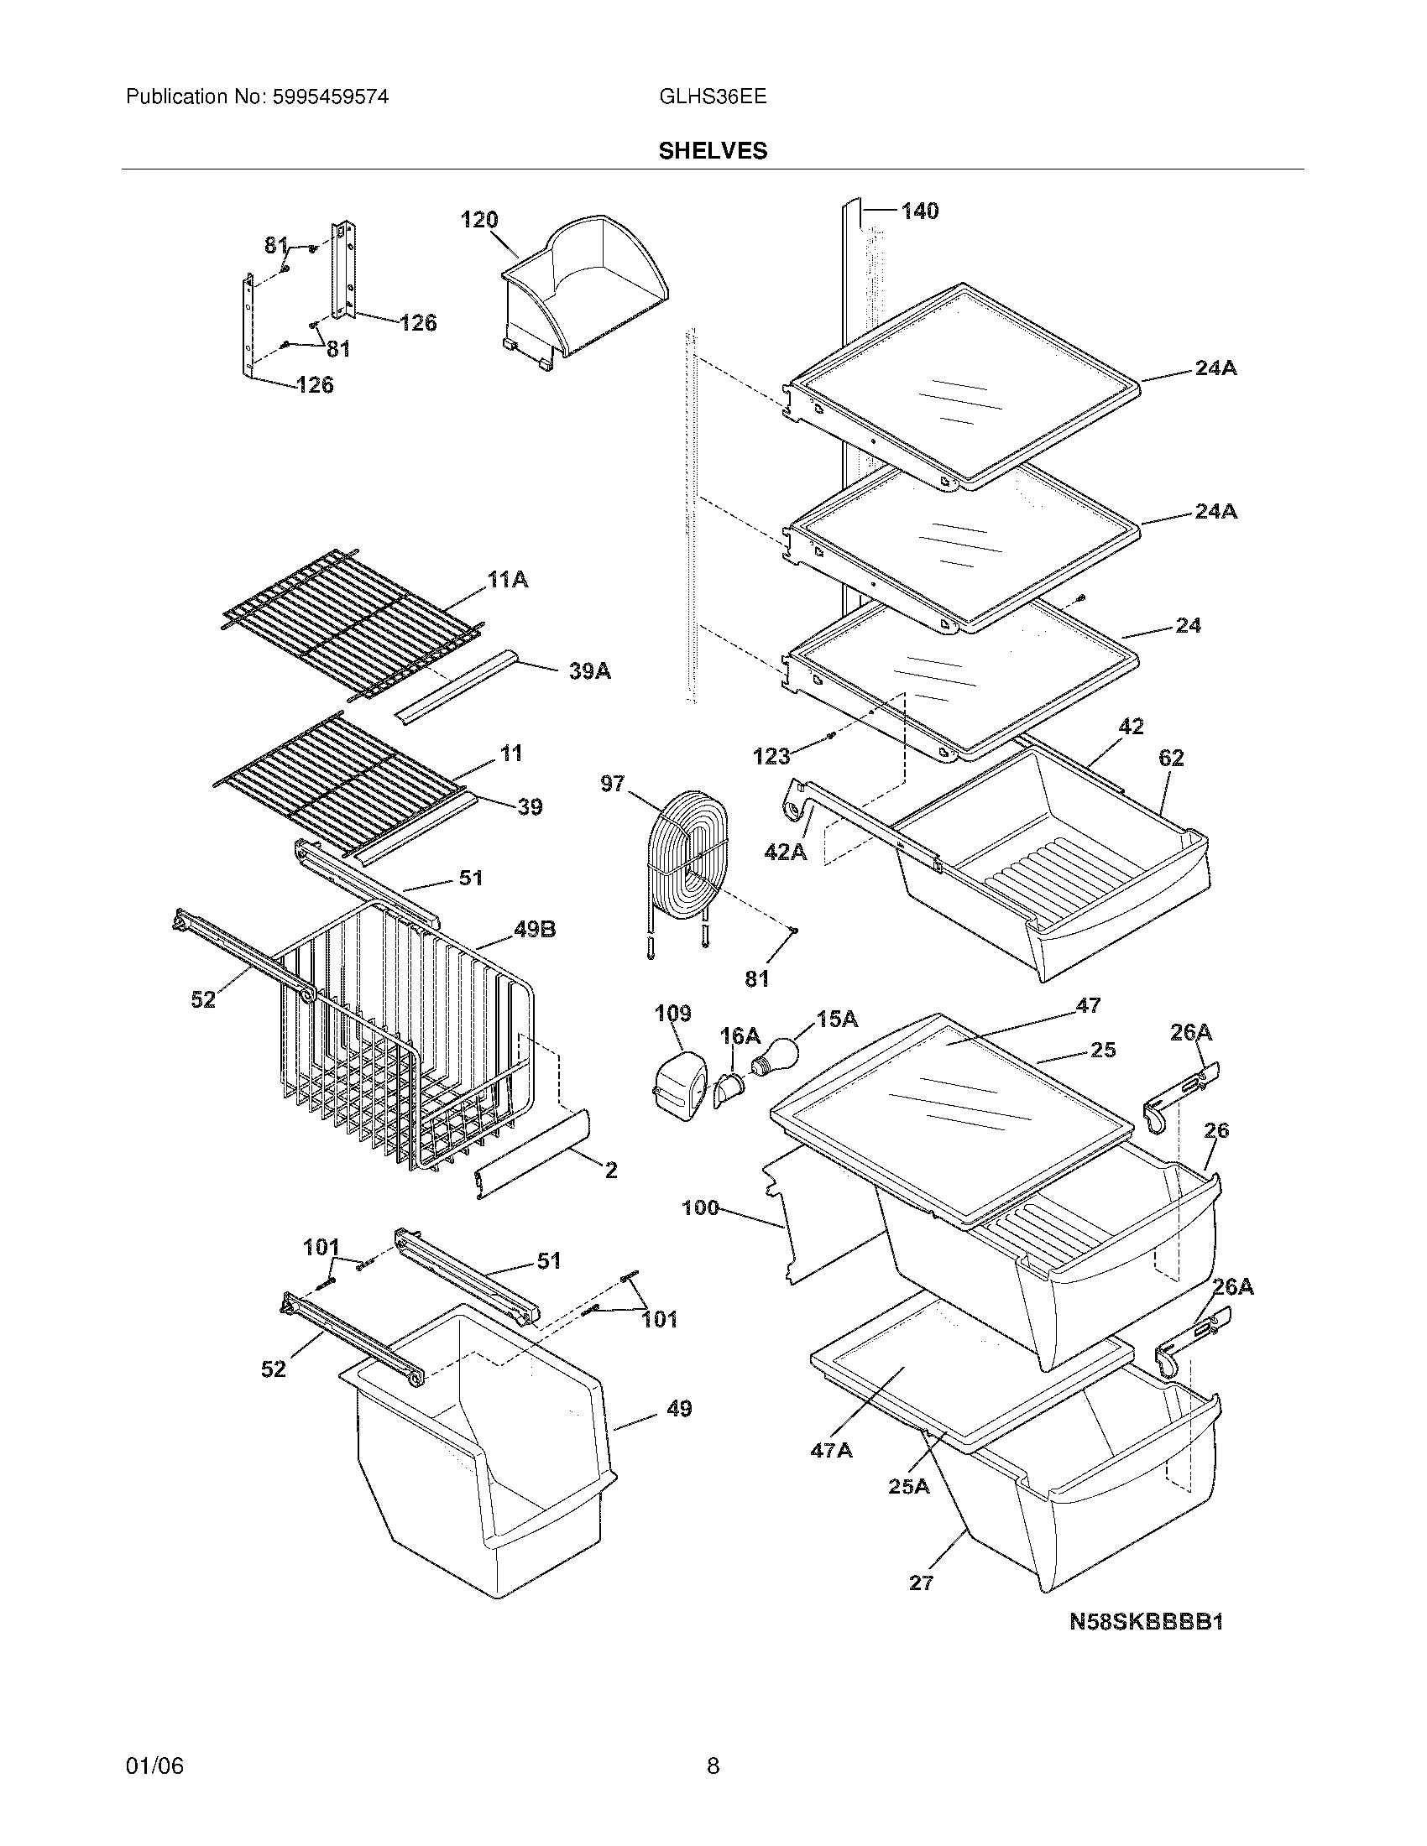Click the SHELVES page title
pyautogui.click(x=713, y=150)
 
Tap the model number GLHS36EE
pyautogui.click(x=713, y=97)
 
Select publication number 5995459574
pyautogui.click(x=330, y=97)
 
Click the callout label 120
pyautogui.click(x=478, y=220)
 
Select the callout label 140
pyautogui.click(x=919, y=211)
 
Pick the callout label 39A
pyautogui.click(x=589, y=672)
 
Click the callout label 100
pyautogui.click(x=700, y=1207)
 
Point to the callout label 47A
pyautogui.click(x=831, y=1451)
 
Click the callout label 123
pyautogui.click(x=771, y=757)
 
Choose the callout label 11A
pyautogui.click(x=507, y=580)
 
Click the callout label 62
pyautogui.click(x=1171, y=759)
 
